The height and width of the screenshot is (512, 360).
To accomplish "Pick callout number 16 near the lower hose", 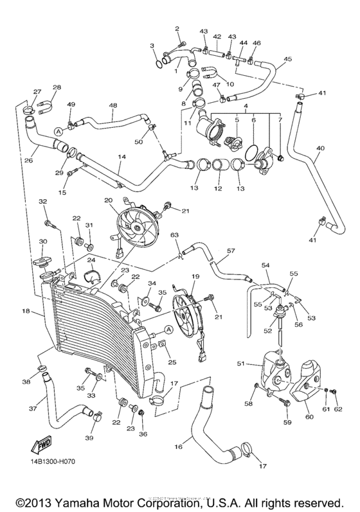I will pyautogui.click(x=178, y=445).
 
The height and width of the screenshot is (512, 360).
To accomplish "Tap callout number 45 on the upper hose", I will pyautogui.click(x=287, y=59).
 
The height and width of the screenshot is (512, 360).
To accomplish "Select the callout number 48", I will pyautogui.click(x=113, y=105).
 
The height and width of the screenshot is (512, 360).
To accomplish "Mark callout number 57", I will pyautogui.click(x=231, y=250).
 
